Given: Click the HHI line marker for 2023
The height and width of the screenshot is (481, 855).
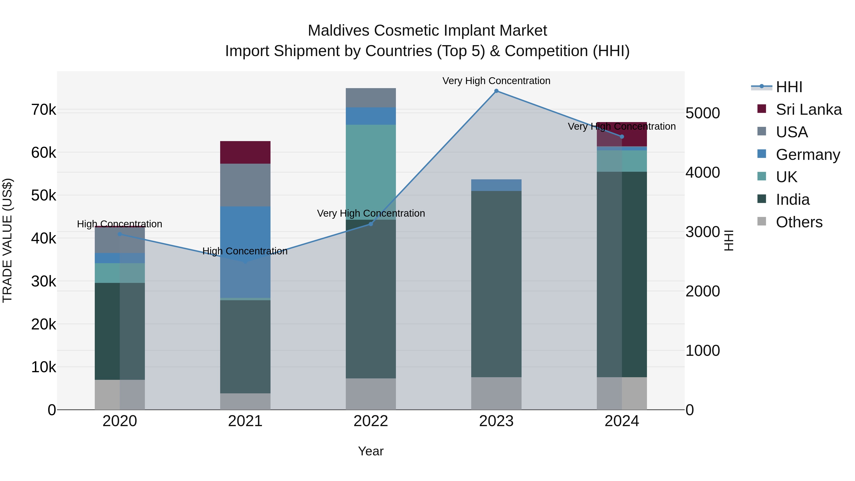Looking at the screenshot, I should (496, 91).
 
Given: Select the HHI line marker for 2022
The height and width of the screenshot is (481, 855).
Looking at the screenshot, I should (371, 224).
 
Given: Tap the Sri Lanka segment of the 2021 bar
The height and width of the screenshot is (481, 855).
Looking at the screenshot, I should (245, 152).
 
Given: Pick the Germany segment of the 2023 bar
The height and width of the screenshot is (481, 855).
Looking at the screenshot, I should (496, 185).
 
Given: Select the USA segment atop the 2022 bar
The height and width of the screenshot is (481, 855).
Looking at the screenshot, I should (371, 98).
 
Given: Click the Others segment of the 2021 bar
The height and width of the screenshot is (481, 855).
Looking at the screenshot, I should (245, 401).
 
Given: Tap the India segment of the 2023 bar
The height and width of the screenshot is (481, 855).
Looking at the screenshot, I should (496, 284).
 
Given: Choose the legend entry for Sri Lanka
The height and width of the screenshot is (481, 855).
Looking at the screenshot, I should (808, 110).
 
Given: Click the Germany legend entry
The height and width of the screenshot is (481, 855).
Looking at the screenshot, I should (807, 155).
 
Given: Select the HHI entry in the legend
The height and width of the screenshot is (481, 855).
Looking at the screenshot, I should (788, 87).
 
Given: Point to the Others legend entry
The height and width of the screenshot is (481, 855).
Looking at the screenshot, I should (799, 222).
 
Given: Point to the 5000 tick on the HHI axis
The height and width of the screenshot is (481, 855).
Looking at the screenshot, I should (702, 113).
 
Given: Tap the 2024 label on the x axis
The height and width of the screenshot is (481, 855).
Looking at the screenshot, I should (622, 421).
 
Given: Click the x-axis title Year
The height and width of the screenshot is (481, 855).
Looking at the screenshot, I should (371, 451).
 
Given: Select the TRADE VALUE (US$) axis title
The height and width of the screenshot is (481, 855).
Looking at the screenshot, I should (7, 240).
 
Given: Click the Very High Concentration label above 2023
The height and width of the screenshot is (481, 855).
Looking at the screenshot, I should (496, 81).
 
